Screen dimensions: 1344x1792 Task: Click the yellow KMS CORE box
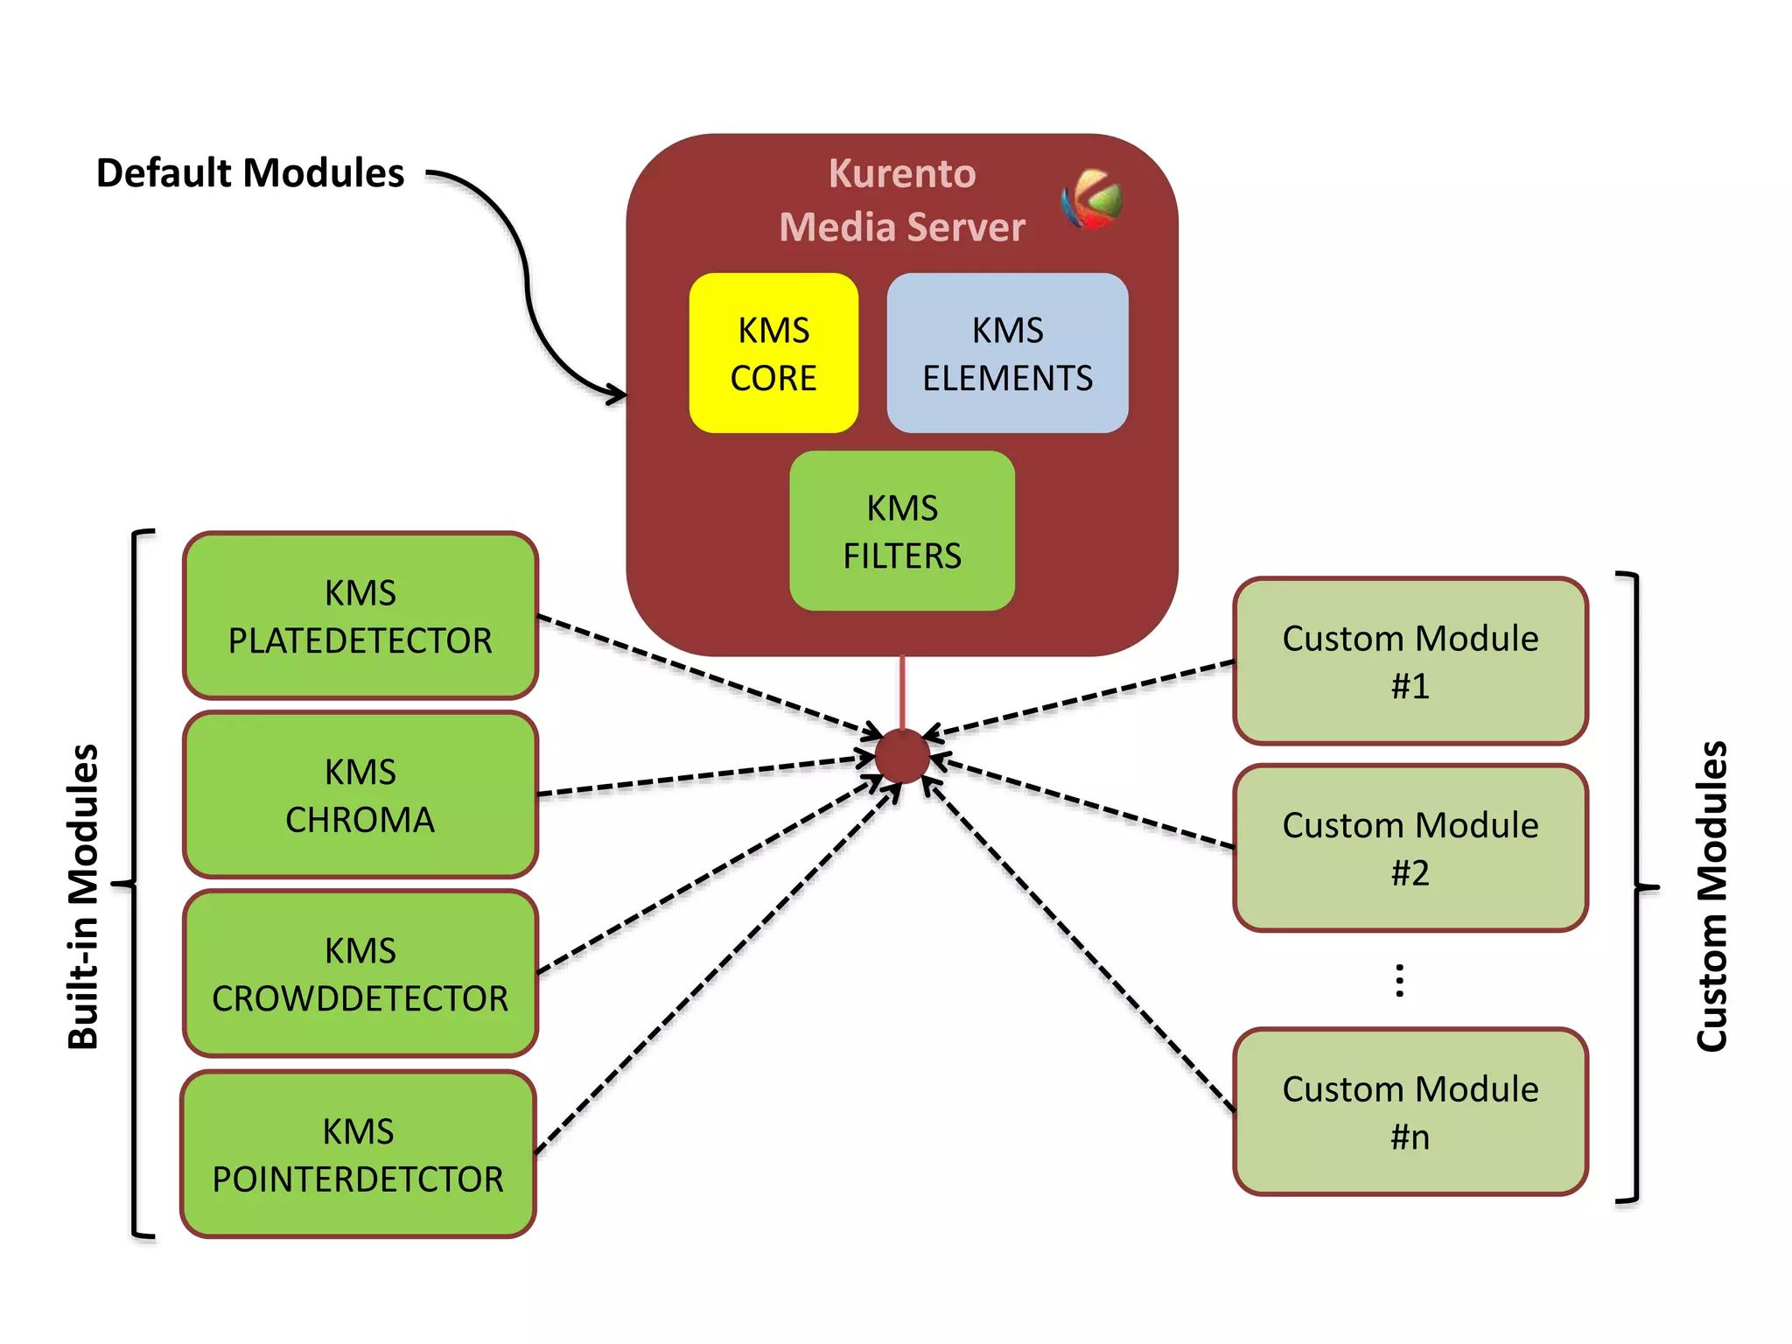coord(773,353)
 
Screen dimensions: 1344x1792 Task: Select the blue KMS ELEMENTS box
coord(1007,353)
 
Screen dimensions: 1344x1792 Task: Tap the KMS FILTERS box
coord(902,531)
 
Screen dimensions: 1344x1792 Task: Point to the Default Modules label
coord(250,173)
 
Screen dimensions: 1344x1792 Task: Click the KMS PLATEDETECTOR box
coord(360,616)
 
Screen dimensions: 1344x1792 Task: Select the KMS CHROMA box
coord(360,795)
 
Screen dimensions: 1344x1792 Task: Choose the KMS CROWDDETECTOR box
coord(360,974)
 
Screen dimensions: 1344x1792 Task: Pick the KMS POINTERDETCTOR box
coord(359,1154)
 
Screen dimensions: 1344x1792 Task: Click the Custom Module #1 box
coord(1410,661)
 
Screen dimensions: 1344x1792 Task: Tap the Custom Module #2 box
coord(1410,848)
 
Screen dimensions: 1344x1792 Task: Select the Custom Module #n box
coord(1410,1112)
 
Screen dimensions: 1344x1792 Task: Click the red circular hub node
coord(902,755)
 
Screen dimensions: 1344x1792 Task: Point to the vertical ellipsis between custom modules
coord(1400,980)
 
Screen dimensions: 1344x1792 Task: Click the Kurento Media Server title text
coord(901,200)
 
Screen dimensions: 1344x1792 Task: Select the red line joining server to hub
coord(902,691)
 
